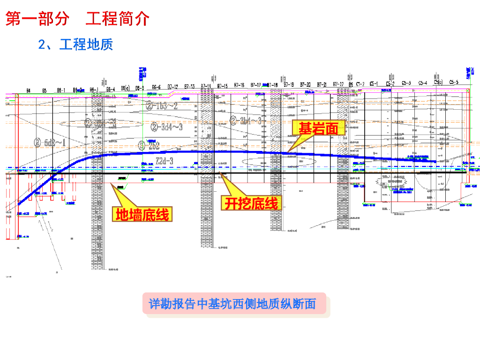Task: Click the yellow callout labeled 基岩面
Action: coord(319,128)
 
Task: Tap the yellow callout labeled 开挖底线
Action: coord(251,203)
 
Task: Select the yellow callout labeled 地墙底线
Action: coord(142,215)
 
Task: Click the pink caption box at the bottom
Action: coord(232,304)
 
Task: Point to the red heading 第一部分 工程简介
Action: coord(77,19)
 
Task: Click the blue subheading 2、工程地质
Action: coord(75,45)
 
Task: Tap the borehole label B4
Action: coord(29,90)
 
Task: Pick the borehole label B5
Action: coord(44,90)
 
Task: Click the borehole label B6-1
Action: coord(61,90)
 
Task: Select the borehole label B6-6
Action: coord(156,87)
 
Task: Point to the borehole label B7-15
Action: coord(222,86)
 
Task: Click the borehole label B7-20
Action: coord(305,84)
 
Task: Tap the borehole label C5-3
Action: coord(406,83)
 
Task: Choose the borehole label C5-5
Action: coord(453,82)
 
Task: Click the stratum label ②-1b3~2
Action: coord(162,105)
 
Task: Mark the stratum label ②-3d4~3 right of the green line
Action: coord(167,127)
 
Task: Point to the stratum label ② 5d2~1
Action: coord(50,142)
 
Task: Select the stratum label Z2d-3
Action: coord(164,161)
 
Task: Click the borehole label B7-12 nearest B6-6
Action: coord(172,87)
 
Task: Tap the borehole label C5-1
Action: coord(374,83)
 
